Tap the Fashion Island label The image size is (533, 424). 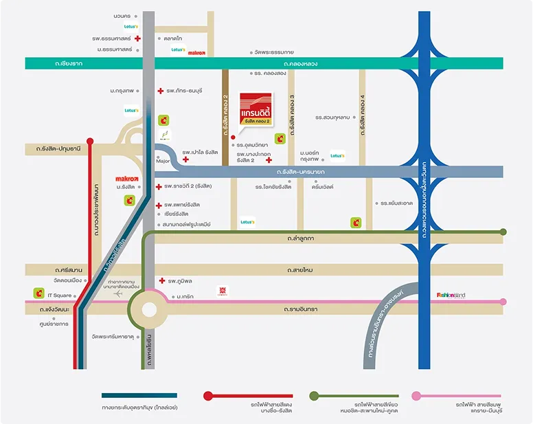click(451, 295)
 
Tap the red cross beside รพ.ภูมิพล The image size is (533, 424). click(162, 280)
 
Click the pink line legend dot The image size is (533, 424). click(416, 396)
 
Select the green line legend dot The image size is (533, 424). click(314, 396)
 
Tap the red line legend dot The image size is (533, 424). click(208, 396)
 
